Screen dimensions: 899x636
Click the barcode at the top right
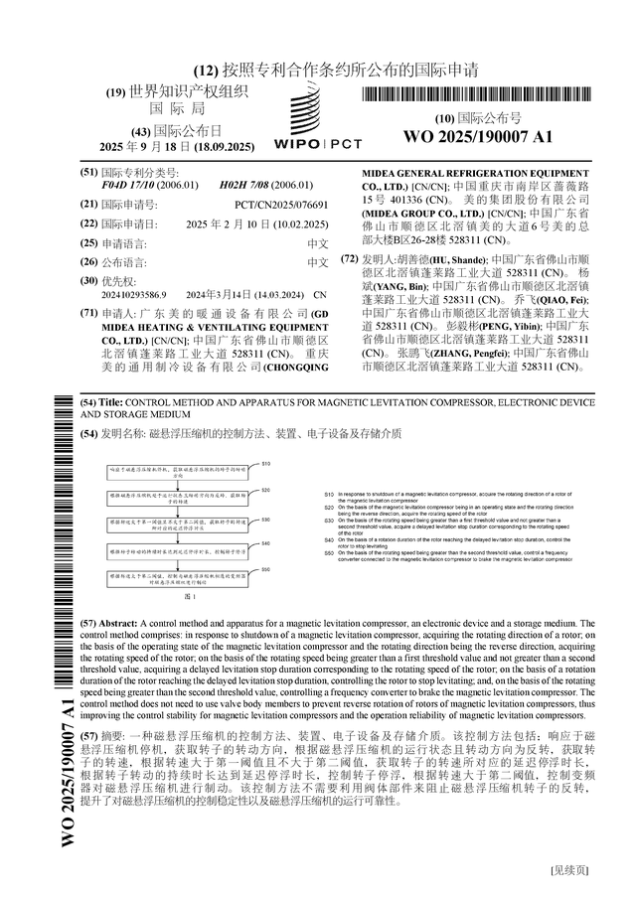coord(476,96)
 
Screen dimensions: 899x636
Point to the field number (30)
coord(88,281)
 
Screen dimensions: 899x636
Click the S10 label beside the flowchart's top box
coord(266,465)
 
